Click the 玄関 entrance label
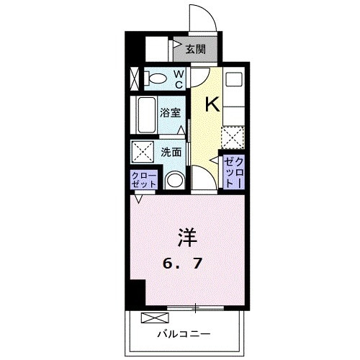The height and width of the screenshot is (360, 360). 195,50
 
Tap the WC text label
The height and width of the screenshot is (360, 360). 179,78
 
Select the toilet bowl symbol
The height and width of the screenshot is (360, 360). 156,78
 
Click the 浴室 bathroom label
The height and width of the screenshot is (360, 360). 171,112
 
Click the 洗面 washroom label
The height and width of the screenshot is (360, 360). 171,152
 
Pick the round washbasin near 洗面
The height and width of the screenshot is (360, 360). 174,180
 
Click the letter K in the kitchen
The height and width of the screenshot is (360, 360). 212,104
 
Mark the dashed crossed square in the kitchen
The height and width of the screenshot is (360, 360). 233,137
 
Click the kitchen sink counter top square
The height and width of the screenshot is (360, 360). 233,81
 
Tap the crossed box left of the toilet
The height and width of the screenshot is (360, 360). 134,78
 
